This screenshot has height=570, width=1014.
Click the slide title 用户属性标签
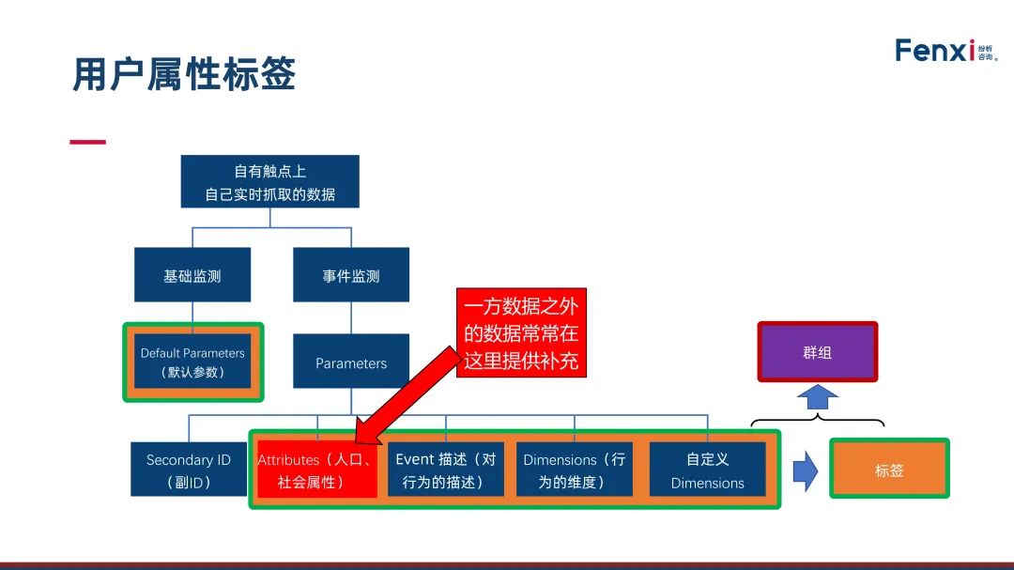(184, 73)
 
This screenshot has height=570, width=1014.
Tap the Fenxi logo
(945, 51)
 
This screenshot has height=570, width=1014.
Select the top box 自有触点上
(270, 182)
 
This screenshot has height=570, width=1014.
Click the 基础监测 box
(192, 275)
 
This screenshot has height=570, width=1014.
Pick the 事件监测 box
(351, 275)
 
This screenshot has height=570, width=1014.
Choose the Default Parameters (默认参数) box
(192, 362)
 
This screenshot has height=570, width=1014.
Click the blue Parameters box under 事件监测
(351, 362)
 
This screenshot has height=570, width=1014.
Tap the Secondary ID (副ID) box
(188, 470)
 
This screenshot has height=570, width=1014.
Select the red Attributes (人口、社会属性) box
(316, 470)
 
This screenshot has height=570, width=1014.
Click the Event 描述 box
(445, 470)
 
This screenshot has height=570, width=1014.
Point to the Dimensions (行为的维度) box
(574, 470)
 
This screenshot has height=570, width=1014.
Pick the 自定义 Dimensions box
(707, 470)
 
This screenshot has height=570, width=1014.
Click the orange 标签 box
(888, 470)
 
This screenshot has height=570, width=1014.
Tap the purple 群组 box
(817, 353)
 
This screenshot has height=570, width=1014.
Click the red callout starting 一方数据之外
(521, 333)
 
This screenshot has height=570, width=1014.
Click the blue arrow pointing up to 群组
(817, 397)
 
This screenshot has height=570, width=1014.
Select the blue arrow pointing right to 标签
(805, 470)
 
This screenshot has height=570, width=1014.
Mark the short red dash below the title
(88, 143)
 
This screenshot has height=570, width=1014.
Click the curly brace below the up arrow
(817, 421)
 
